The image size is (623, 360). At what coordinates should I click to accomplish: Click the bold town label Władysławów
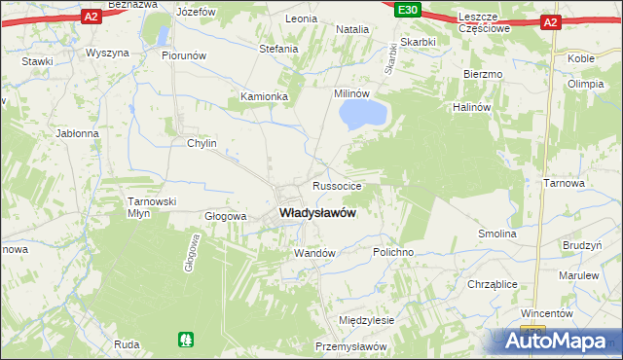click(316, 212)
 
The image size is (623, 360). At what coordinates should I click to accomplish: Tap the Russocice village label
click(338, 185)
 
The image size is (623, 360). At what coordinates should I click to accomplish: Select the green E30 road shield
click(408, 11)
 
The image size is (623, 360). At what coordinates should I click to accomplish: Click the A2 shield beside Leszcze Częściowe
click(551, 21)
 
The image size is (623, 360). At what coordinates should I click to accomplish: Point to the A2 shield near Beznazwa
click(91, 17)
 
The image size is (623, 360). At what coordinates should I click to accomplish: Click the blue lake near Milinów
click(363, 116)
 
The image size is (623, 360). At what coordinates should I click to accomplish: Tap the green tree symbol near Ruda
click(186, 340)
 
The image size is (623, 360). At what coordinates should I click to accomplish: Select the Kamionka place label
click(265, 97)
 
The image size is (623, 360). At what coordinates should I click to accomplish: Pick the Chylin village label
click(202, 143)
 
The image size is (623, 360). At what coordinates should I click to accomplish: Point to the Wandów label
click(314, 253)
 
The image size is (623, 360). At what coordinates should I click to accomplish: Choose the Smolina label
click(496, 234)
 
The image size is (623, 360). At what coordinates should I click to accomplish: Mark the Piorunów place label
click(185, 55)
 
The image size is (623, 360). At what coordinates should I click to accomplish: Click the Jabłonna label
click(78, 133)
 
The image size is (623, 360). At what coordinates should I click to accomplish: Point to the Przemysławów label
click(351, 347)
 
